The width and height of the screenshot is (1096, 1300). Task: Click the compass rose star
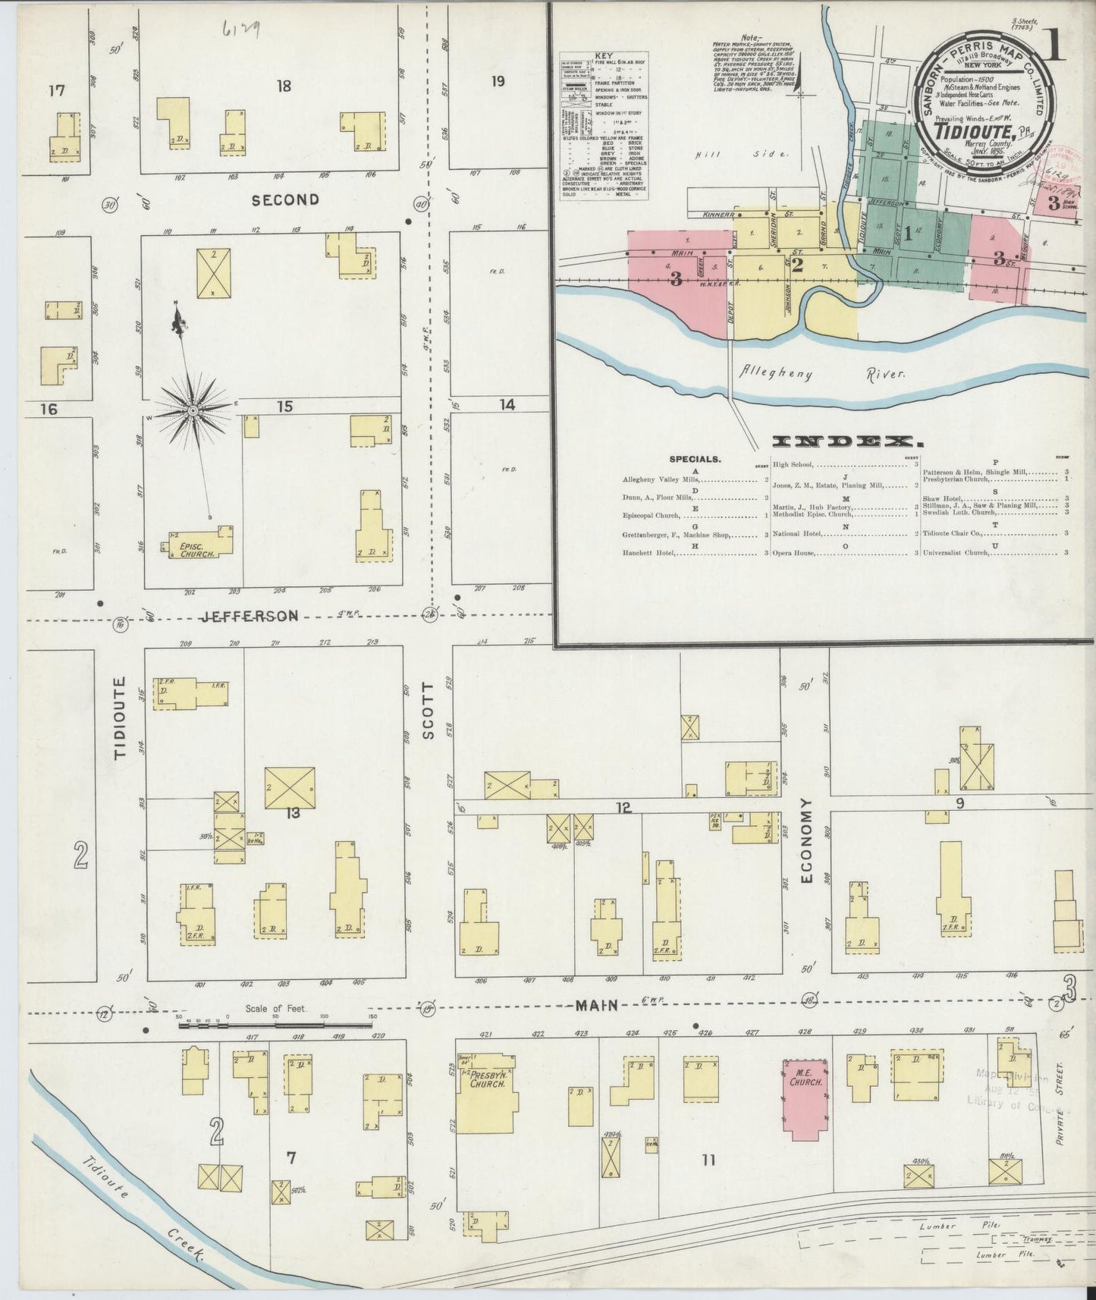193,410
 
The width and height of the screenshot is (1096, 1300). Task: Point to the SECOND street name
284,199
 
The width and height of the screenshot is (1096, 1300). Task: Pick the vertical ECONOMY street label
806,840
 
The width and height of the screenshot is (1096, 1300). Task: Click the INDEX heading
842,441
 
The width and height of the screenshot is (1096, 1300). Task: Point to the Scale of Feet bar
278,1025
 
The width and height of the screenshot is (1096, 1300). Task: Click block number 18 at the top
284,86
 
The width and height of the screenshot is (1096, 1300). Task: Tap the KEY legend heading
605,56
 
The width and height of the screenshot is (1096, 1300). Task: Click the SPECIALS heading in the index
695,459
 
